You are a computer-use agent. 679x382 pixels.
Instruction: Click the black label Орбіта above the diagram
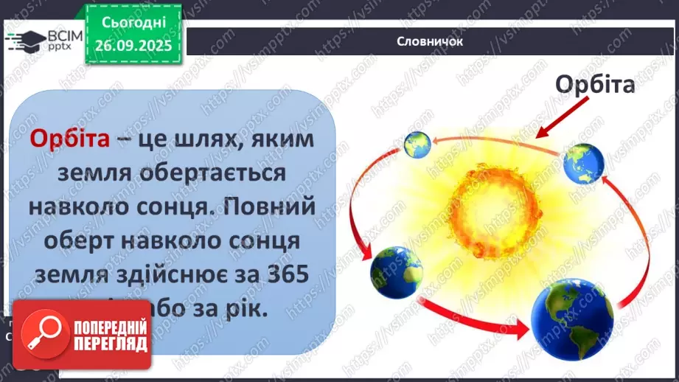coord(595,86)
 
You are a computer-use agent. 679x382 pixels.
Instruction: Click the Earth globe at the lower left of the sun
coord(396,271)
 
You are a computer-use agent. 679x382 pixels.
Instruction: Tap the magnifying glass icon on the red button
coord(46,334)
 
